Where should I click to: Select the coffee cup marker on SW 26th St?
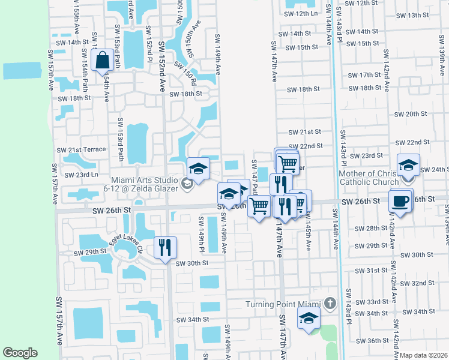click(x=400, y=201)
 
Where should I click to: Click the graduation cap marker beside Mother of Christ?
click(x=408, y=166)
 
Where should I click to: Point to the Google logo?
click(x=20, y=353)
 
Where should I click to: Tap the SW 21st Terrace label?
click(x=81, y=149)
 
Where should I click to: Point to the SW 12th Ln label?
click(x=300, y=13)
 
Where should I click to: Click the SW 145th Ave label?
click(x=308, y=233)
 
